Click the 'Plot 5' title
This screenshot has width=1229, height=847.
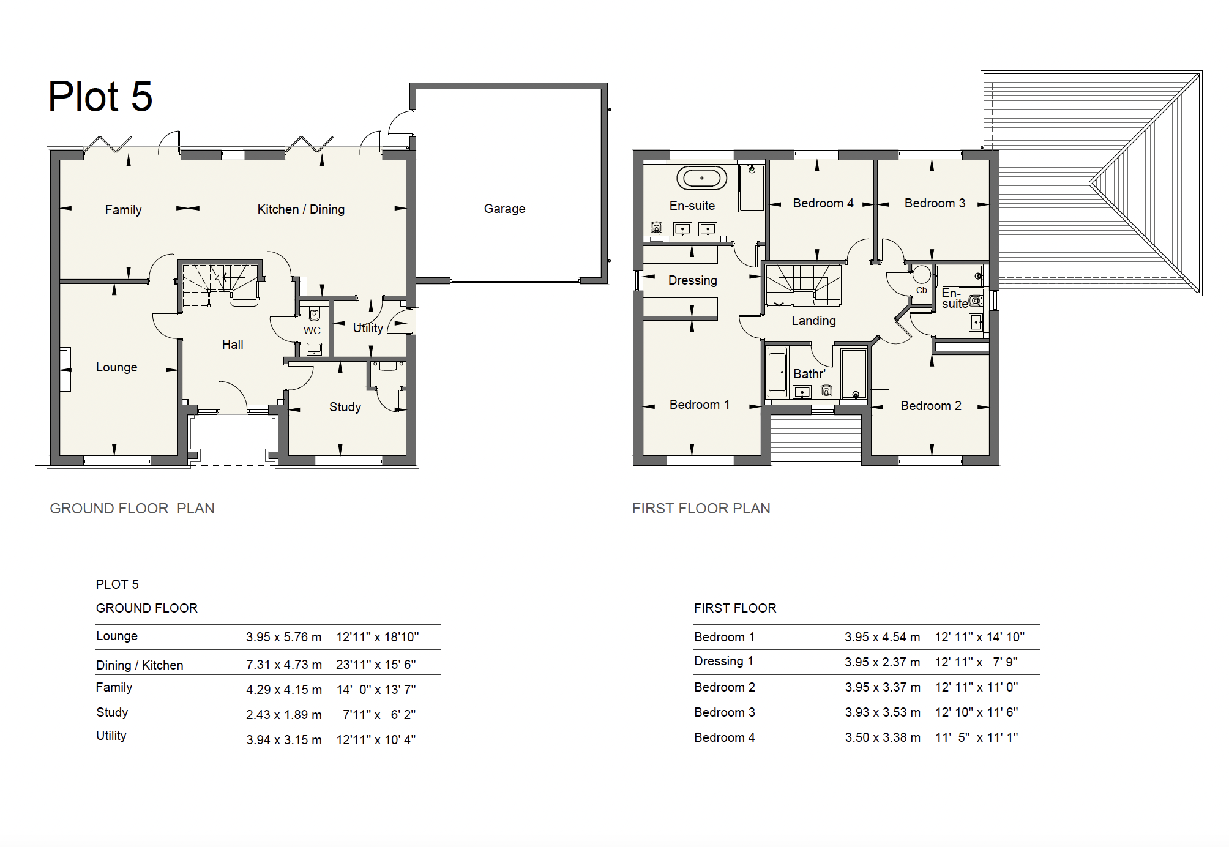point(100,97)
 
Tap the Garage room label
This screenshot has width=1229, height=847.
point(504,209)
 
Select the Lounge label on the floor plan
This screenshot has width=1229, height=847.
point(116,367)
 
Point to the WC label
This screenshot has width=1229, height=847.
point(312,330)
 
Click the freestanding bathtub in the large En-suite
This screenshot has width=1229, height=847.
point(701,178)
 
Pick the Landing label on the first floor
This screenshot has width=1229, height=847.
point(813,321)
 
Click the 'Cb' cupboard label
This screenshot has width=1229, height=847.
point(921,290)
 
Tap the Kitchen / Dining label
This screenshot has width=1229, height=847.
point(301,209)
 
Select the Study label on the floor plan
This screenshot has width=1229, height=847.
point(345,407)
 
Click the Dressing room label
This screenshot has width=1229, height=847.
point(692,280)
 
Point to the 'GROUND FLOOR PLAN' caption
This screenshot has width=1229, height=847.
point(132,509)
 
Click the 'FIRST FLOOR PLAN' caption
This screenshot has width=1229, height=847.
point(701,509)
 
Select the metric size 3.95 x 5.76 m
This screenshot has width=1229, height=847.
point(284,637)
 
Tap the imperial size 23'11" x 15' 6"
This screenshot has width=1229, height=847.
point(376,665)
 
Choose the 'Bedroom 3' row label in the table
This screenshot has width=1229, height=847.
point(725,712)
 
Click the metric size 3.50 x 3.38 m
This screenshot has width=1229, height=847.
point(883,737)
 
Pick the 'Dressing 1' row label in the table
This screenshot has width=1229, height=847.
point(723,662)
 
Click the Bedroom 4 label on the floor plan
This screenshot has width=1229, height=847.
point(823,203)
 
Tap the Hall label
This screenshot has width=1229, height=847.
point(233,345)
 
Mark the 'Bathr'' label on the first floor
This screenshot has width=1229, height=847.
point(809,374)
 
